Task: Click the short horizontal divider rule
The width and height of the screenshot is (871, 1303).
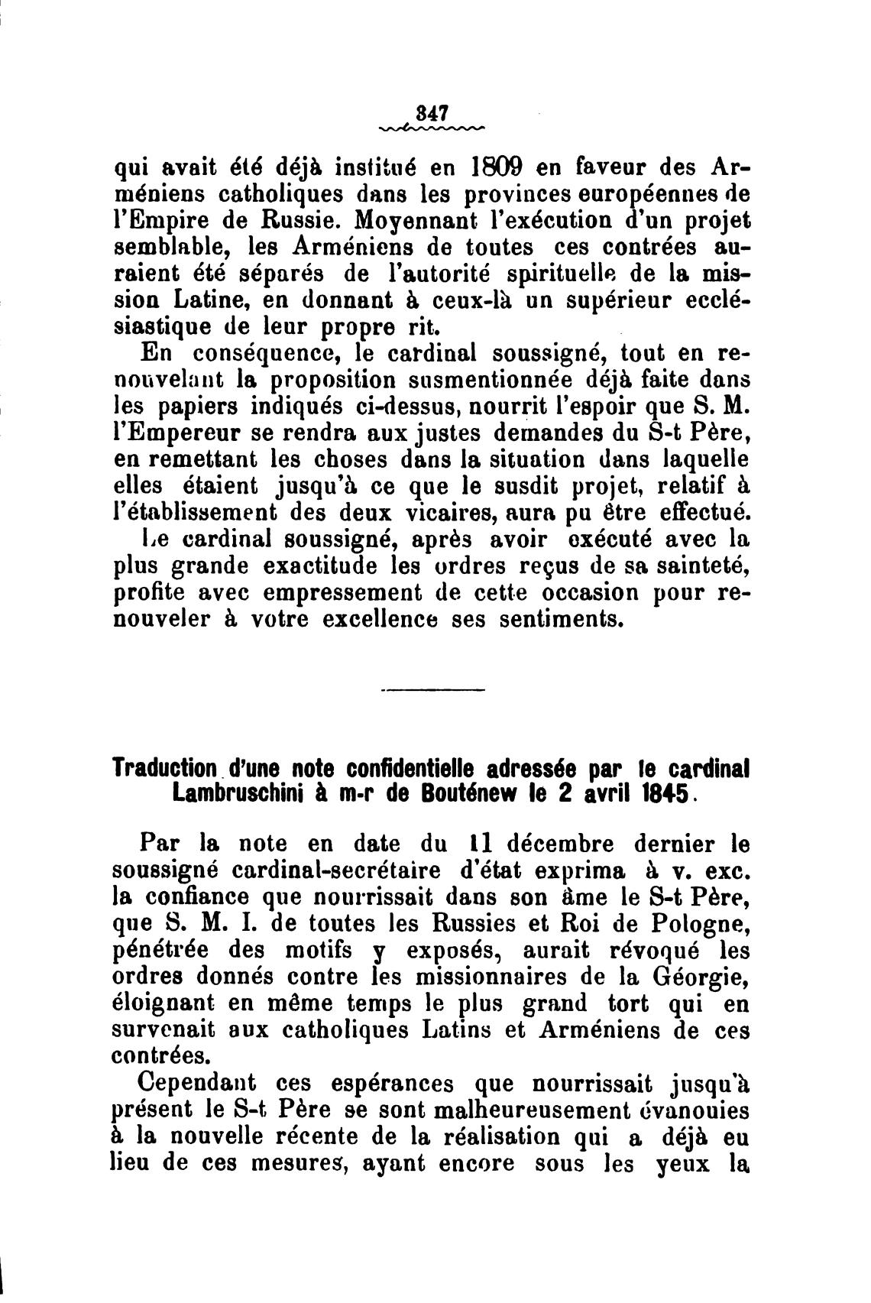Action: [x=432, y=692]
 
